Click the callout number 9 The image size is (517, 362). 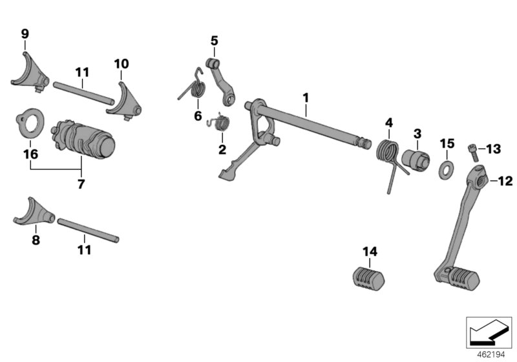pyautogui.click(x=25, y=34)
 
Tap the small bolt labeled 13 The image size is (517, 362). pyautogui.click(x=473, y=149)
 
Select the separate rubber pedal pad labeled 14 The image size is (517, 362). pyautogui.click(x=370, y=279)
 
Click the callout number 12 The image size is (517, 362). pyautogui.click(x=505, y=182)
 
